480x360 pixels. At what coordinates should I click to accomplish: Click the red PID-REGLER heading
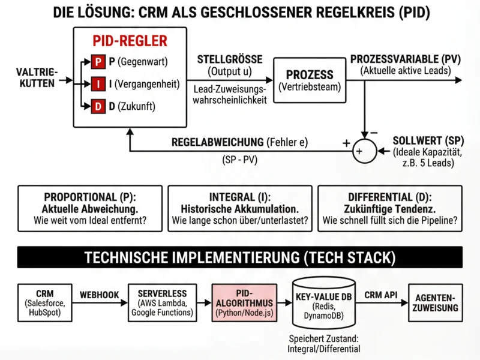[130, 41]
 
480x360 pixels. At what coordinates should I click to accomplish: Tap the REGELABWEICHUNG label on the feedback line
[217, 142]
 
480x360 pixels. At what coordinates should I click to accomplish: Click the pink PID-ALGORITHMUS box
[244, 302]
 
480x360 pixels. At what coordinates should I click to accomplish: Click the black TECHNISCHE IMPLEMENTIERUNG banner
[239, 257]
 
